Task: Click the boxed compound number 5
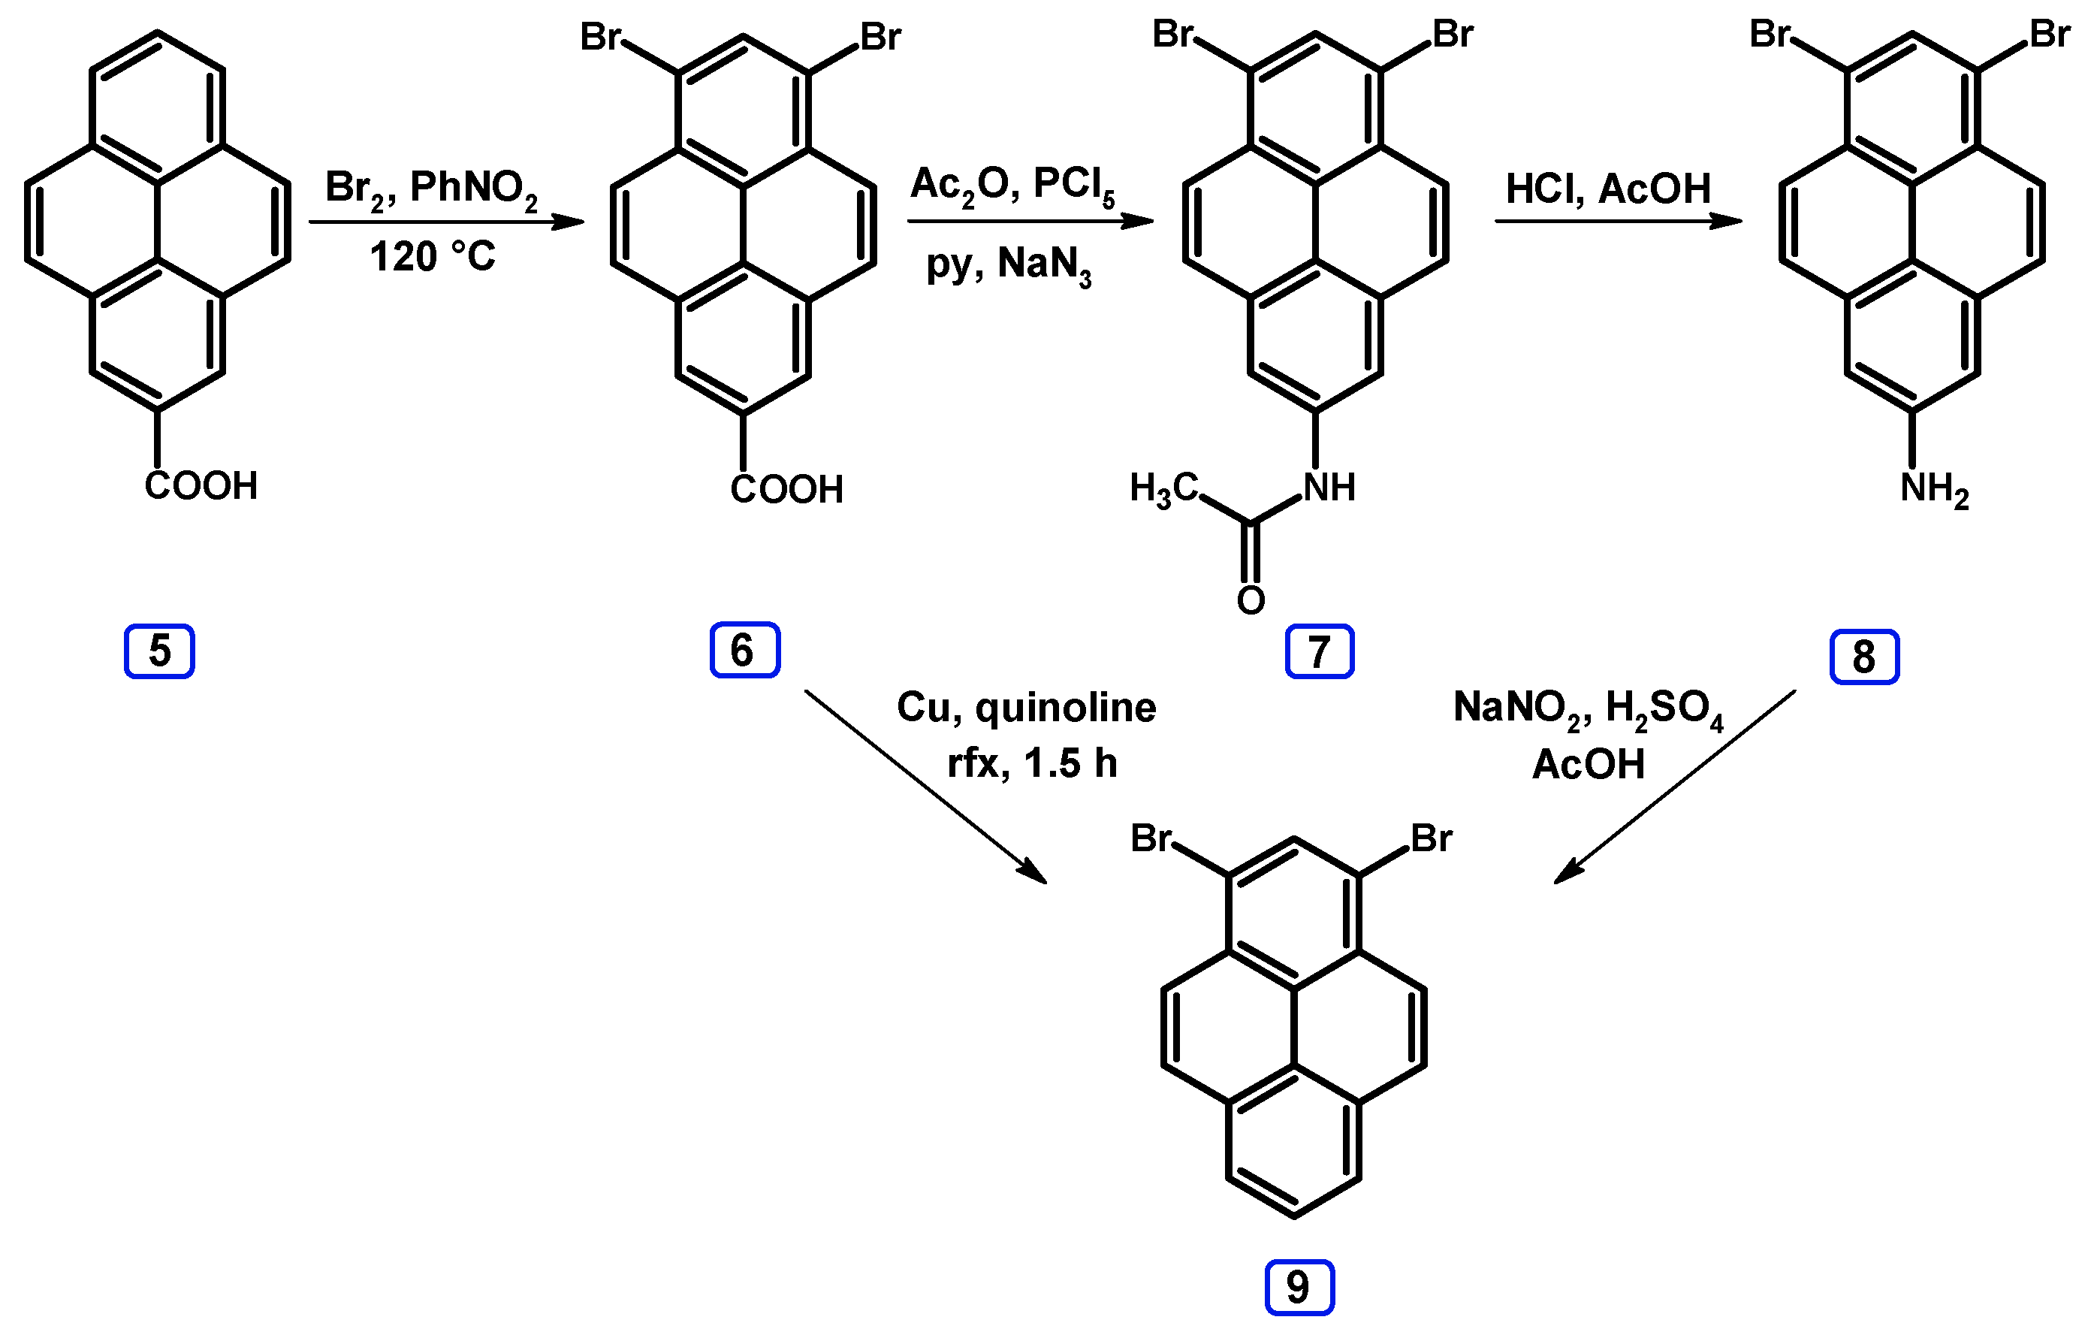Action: coord(159,651)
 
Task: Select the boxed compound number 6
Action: coord(744,650)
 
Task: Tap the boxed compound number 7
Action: coord(1319,651)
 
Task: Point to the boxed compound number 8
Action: coord(1864,657)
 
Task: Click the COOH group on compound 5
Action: coord(201,486)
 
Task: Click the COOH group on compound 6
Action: coord(786,490)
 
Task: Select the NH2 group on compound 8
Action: coord(1934,490)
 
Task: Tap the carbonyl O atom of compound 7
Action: coord(1251,600)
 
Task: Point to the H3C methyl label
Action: coord(1163,489)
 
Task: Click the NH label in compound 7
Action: coord(1329,488)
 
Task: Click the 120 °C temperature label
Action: coord(433,257)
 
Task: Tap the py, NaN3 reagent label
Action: coord(1008,264)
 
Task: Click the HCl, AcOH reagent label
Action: coord(1608,189)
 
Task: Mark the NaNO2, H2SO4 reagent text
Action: coord(1587,708)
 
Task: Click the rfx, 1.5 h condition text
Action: coord(1032,764)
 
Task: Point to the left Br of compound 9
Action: coord(1151,839)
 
